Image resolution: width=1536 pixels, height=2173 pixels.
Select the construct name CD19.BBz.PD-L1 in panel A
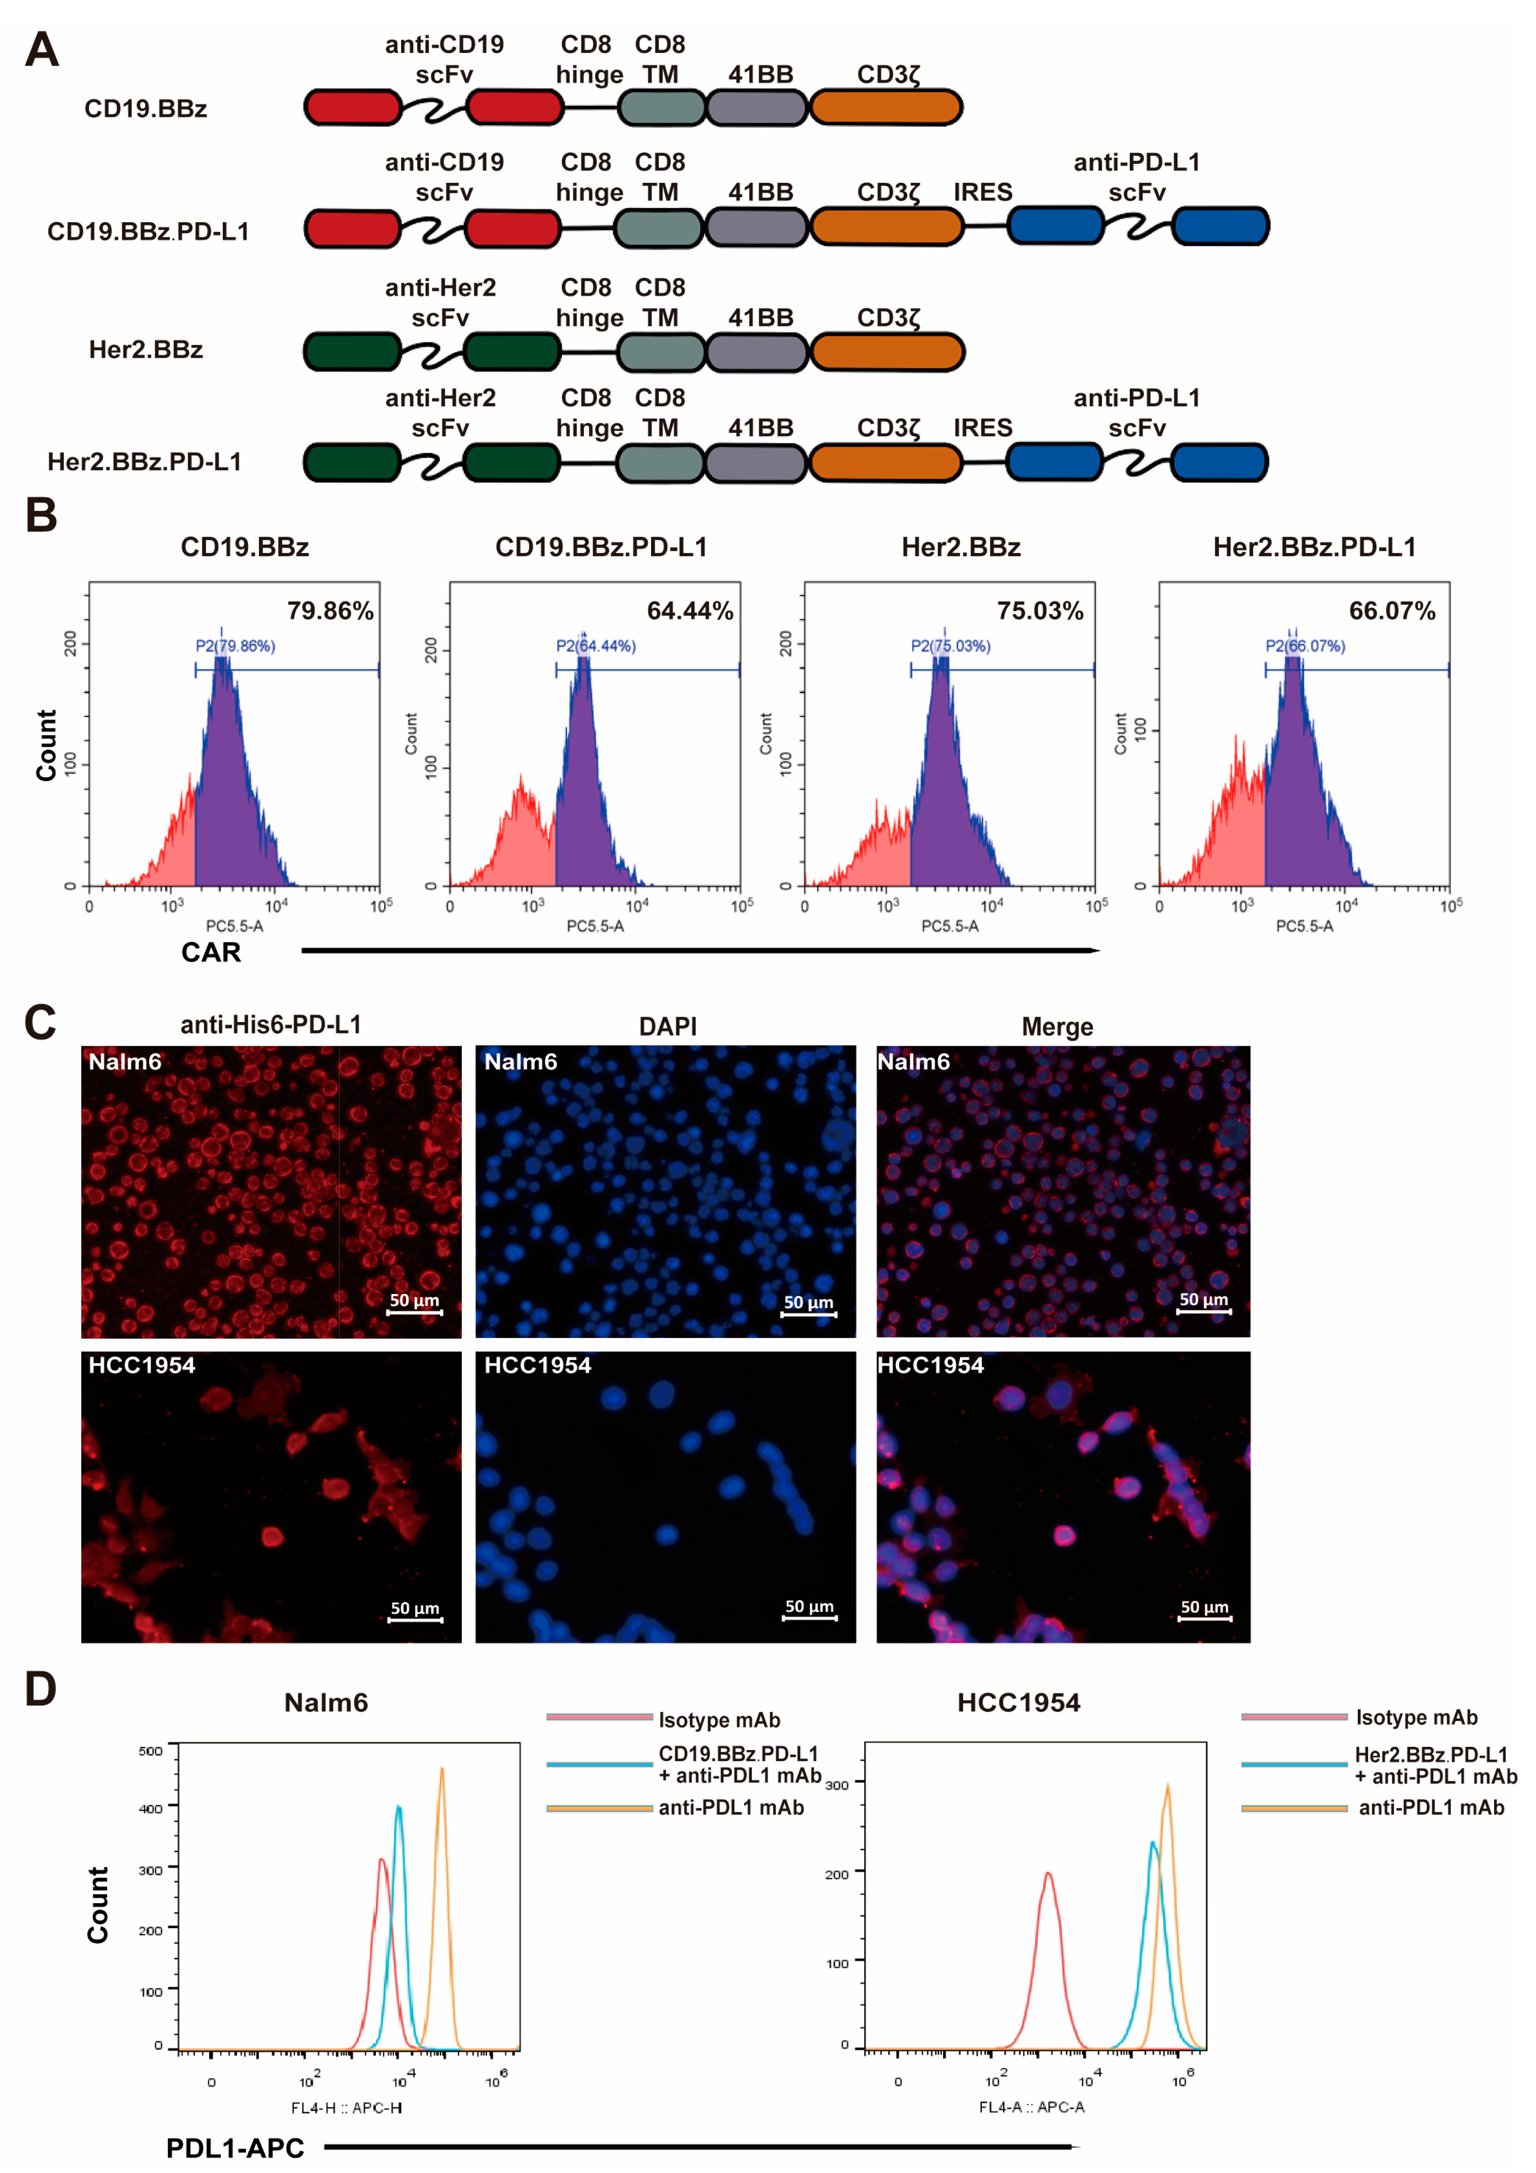pyautogui.click(x=148, y=232)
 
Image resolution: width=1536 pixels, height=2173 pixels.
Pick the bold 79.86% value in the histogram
pyautogui.click(x=330, y=612)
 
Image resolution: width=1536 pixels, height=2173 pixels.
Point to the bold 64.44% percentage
pyautogui.click(x=690, y=612)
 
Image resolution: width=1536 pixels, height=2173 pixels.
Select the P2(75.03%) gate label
pyautogui.click(x=950, y=646)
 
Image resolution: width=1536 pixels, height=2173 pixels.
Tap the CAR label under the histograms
pyautogui.click(x=211, y=952)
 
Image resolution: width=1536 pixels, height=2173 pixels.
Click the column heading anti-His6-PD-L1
pyautogui.click(x=271, y=1025)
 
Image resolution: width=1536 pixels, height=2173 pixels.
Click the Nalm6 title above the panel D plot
pyautogui.click(x=326, y=1703)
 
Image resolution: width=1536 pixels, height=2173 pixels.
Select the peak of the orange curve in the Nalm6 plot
pyautogui.click(x=441, y=1768)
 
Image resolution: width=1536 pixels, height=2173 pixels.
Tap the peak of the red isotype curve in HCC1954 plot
pyautogui.click(x=1047, y=1873)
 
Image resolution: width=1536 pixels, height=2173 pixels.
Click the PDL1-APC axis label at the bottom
pyautogui.click(x=235, y=2147)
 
